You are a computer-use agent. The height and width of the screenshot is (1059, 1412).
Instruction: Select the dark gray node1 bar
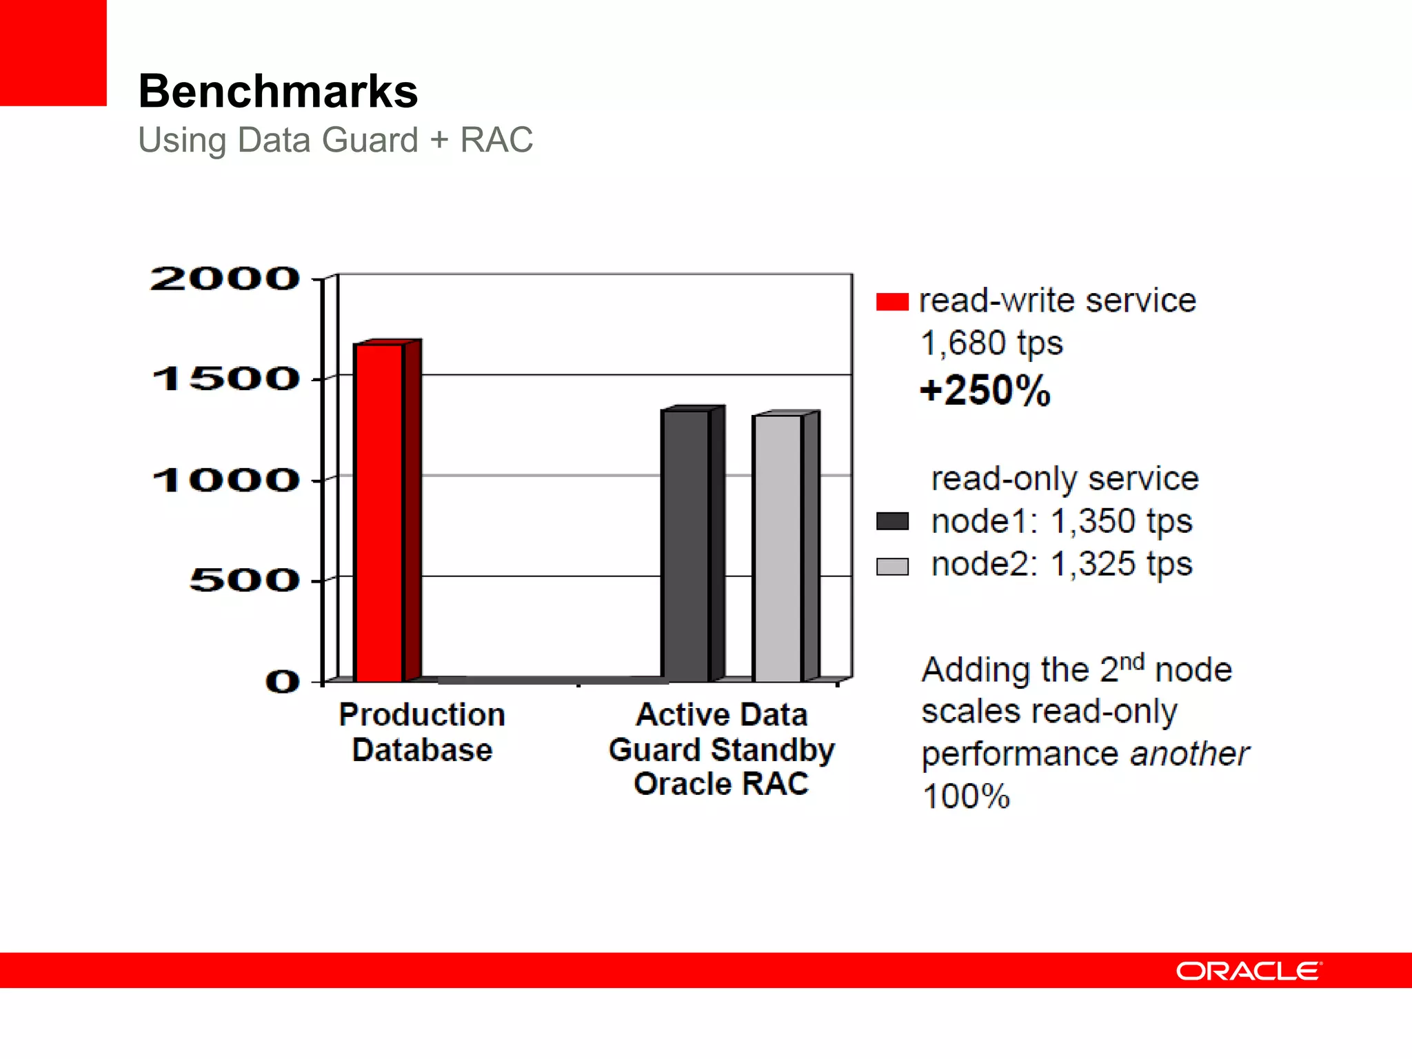[685, 545]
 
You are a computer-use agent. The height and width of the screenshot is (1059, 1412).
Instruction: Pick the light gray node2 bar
[778, 548]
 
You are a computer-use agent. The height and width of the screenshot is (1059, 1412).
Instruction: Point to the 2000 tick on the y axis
[225, 279]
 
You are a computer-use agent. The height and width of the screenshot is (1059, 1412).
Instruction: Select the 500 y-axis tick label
[244, 580]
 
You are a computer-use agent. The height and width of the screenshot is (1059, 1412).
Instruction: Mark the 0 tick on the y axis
[283, 681]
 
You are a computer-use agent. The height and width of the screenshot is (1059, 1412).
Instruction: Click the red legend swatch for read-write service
[892, 302]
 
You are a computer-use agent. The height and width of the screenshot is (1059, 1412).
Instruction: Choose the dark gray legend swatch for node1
[892, 521]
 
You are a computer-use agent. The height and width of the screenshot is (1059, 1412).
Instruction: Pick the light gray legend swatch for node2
[892, 566]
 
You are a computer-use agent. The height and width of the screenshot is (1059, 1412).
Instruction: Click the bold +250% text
[985, 390]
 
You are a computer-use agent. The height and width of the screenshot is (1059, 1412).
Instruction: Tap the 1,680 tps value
[991, 343]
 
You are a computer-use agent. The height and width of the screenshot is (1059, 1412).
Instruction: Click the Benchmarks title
[278, 91]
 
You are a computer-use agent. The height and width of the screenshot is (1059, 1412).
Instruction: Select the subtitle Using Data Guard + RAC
[335, 140]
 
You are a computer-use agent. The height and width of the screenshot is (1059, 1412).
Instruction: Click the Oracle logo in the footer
[1249, 971]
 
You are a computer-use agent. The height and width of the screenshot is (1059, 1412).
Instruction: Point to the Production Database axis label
[422, 732]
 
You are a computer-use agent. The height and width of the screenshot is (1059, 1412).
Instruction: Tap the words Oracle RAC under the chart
[721, 784]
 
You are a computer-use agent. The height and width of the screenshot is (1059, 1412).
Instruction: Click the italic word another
[1189, 754]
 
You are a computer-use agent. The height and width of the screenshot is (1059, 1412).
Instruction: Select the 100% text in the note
[966, 796]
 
